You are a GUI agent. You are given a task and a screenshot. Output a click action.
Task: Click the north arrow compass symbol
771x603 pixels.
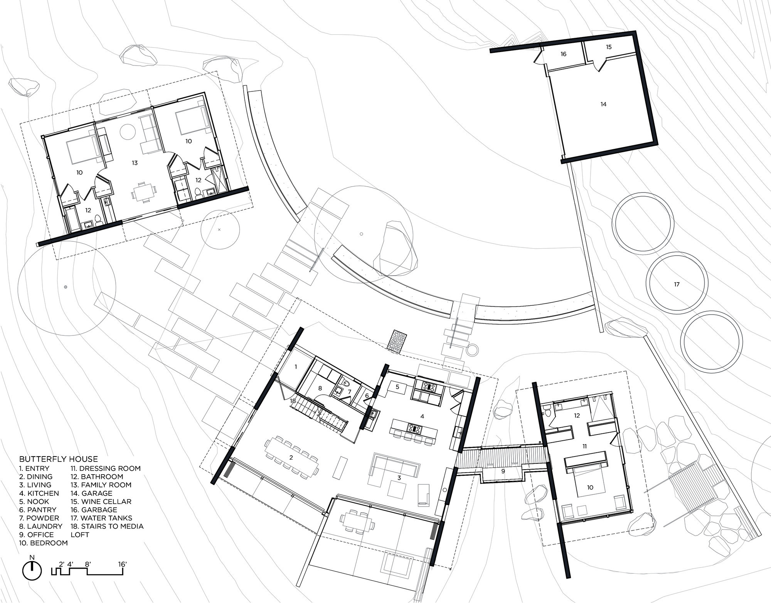point(32,570)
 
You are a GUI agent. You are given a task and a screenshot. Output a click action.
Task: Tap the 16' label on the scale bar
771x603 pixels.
point(123,564)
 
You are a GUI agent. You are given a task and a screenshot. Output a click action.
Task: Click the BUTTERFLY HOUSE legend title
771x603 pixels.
point(59,459)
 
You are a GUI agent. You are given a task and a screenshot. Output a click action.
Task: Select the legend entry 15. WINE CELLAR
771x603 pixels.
point(101,502)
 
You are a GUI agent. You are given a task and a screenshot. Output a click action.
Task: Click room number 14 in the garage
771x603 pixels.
point(603,104)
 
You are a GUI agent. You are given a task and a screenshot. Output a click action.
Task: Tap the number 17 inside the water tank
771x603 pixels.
point(677,284)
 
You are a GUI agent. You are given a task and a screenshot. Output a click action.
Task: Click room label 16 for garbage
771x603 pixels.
point(563,54)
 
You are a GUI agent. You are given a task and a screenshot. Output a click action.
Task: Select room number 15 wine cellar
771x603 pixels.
point(609,47)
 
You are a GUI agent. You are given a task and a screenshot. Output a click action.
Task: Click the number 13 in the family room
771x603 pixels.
point(135,163)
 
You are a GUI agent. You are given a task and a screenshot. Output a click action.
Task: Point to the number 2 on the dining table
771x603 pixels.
point(291,458)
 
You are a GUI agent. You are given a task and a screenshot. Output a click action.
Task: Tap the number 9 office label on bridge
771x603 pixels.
point(503,471)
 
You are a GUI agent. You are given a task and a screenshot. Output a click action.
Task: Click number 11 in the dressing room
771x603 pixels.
point(584,446)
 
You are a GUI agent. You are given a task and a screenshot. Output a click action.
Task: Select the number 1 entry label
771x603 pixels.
point(296,367)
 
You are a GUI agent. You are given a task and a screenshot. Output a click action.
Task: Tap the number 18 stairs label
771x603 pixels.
point(293,401)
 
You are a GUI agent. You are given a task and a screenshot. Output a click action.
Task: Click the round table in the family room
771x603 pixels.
point(128,132)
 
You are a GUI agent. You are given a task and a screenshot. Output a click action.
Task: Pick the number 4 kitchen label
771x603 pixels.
point(422,416)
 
